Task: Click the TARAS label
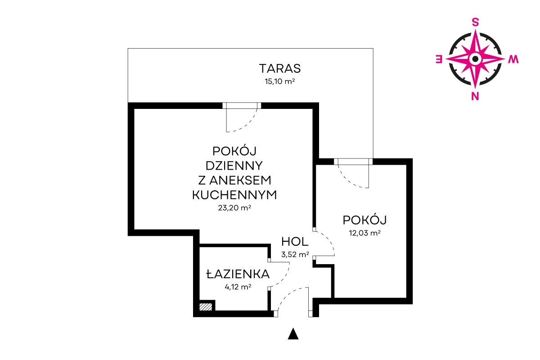[x=280, y=68]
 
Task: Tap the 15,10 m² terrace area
[x=280, y=81]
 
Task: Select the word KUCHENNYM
[x=234, y=195]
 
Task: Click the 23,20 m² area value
[x=234, y=207]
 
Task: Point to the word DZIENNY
[x=234, y=166]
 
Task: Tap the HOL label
[x=295, y=242]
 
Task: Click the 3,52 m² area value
[x=295, y=254]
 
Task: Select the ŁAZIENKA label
[x=238, y=274]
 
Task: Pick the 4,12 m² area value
[x=238, y=287]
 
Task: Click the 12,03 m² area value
[x=365, y=233]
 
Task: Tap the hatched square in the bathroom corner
[x=206, y=307]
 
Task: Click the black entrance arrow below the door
[x=293, y=334]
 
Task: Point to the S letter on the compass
[x=475, y=22]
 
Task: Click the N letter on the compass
[x=475, y=96]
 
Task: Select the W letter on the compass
[x=513, y=59]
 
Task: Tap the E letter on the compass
[x=439, y=59]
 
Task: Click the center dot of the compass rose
[x=475, y=59]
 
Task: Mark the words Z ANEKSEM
[x=234, y=180]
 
